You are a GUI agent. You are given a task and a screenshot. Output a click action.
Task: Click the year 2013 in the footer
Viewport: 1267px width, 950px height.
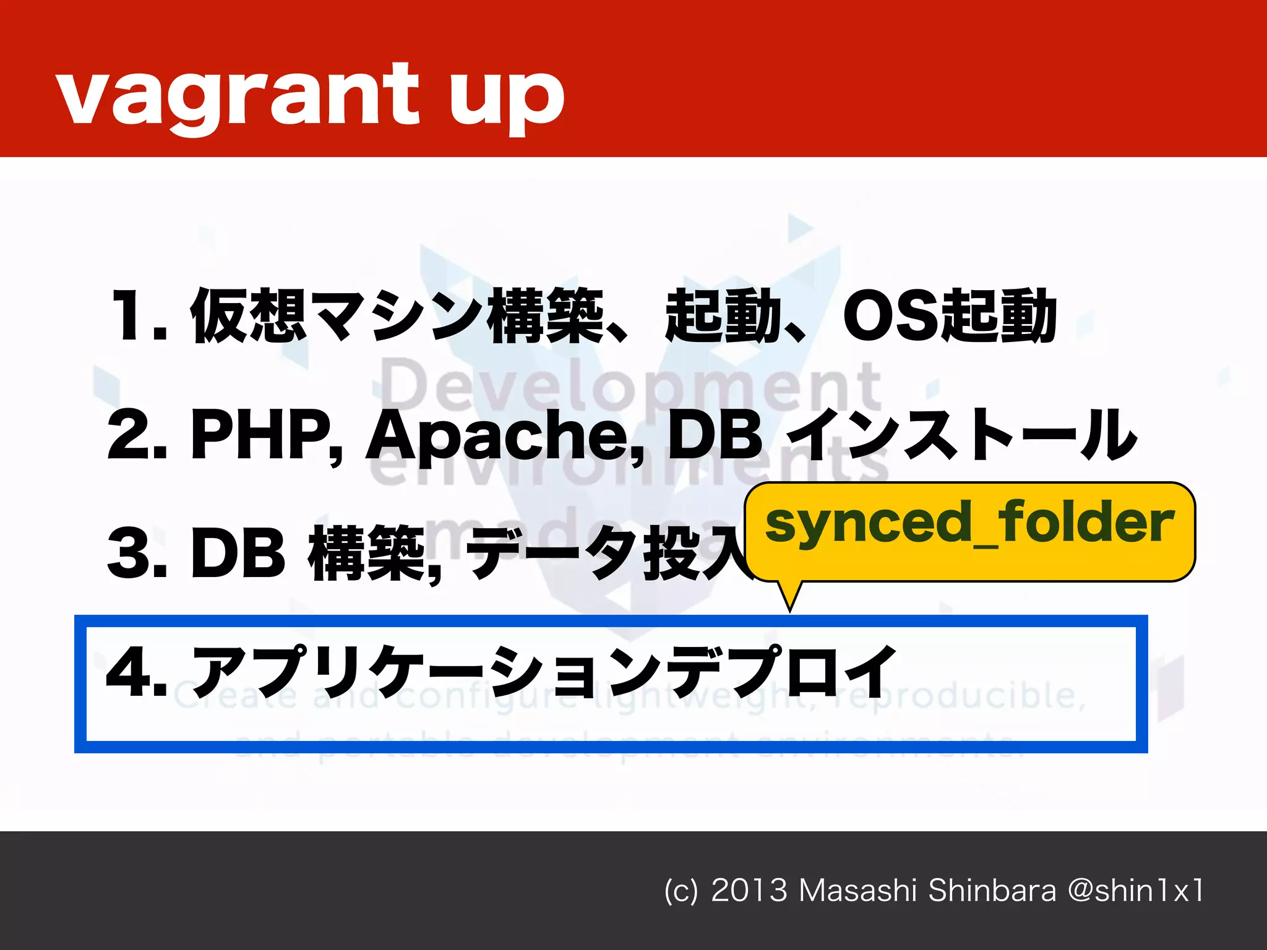tap(749, 891)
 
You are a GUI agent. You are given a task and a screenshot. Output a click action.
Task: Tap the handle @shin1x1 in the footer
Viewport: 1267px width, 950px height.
tap(1135, 891)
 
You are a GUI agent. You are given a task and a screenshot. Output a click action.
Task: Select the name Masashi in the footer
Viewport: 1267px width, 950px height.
tap(857, 891)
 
